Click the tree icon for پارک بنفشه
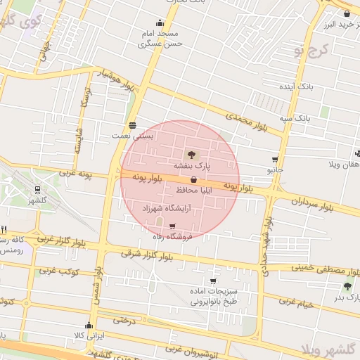click(192, 154)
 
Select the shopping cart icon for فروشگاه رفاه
click(173, 226)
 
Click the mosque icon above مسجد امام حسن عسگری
click(160, 22)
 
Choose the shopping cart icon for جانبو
click(275, 160)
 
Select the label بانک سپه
click(295, 117)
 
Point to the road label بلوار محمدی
click(233, 115)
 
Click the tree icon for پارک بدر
click(347, 286)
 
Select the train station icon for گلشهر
click(37, 188)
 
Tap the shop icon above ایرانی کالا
click(89, 326)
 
